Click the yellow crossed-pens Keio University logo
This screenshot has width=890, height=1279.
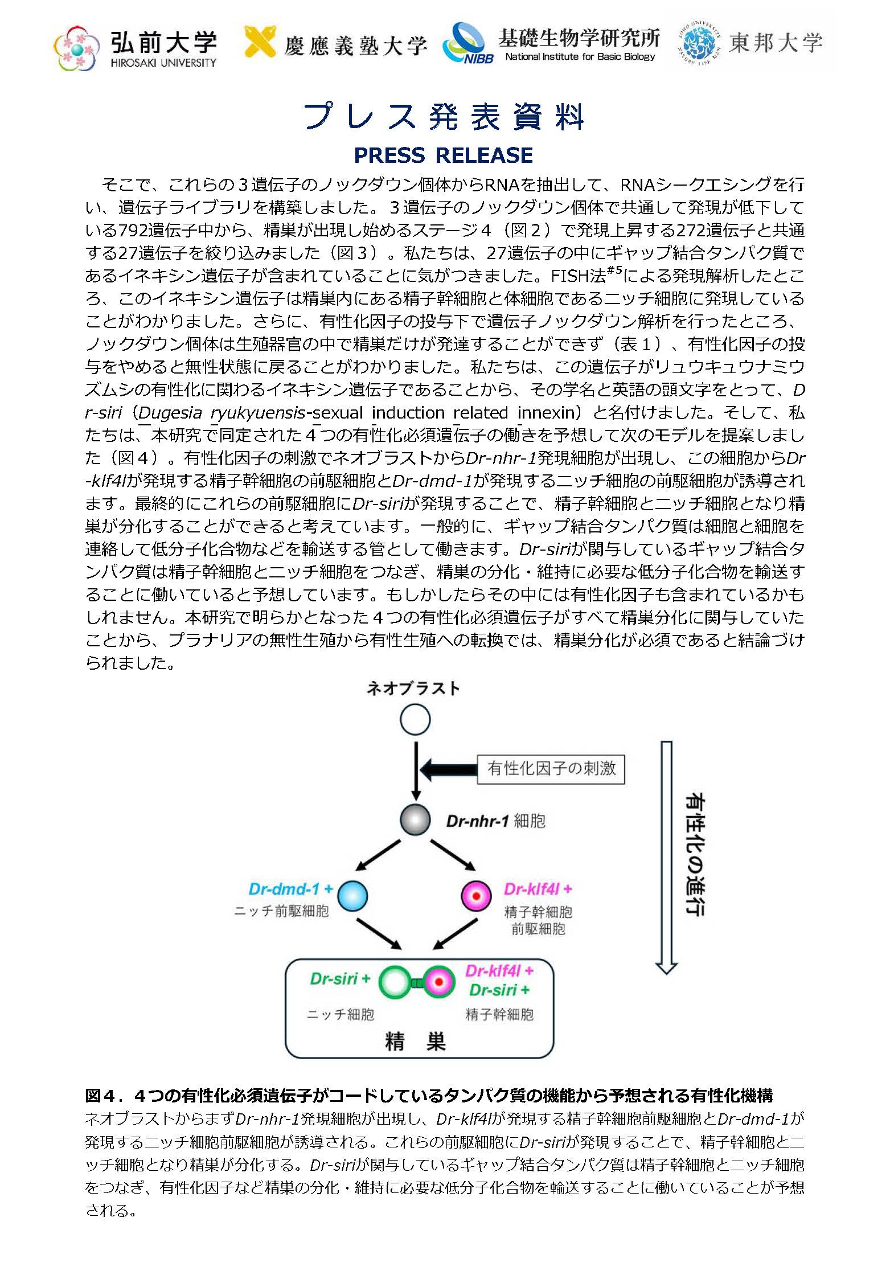tap(260, 42)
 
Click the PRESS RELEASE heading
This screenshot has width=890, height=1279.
tap(443, 155)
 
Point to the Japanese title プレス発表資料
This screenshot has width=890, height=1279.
tap(443, 117)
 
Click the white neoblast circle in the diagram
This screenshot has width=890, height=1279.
tap(415, 720)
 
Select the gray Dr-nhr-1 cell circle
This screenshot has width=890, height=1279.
tap(415, 820)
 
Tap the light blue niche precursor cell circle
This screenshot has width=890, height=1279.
tap(352, 896)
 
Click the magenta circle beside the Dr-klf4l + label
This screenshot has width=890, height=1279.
tap(476, 896)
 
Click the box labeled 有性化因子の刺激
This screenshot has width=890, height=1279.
tap(551, 769)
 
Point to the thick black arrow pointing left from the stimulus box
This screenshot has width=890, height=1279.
tap(449, 769)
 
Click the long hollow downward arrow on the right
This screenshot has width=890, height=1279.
tap(666, 856)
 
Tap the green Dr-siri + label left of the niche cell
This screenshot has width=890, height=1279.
tap(340, 979)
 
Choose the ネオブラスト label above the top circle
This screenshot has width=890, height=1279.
tap(413, 688)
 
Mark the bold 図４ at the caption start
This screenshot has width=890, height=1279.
tap(101, 1096)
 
